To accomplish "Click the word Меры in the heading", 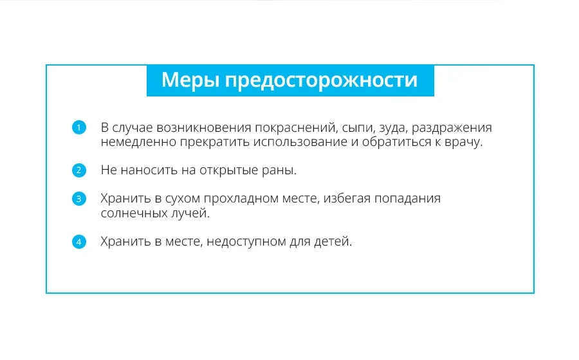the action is click(190, 80).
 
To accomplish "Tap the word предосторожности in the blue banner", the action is click(321, 81).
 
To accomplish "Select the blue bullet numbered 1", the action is click(78, 128).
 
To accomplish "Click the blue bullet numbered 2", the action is click(78, 170).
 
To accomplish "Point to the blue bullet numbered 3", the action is click(78, 199).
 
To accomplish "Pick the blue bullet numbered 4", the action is click(78, 242).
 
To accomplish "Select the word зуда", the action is click(394, 129).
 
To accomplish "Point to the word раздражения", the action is click(452, 129).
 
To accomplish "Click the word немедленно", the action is click(138, 142).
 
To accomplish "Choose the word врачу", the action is click(463, 143).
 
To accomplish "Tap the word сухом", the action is click(183, 199).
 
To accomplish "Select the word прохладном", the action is click(241, 199).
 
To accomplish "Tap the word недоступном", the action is click(246, 242).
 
